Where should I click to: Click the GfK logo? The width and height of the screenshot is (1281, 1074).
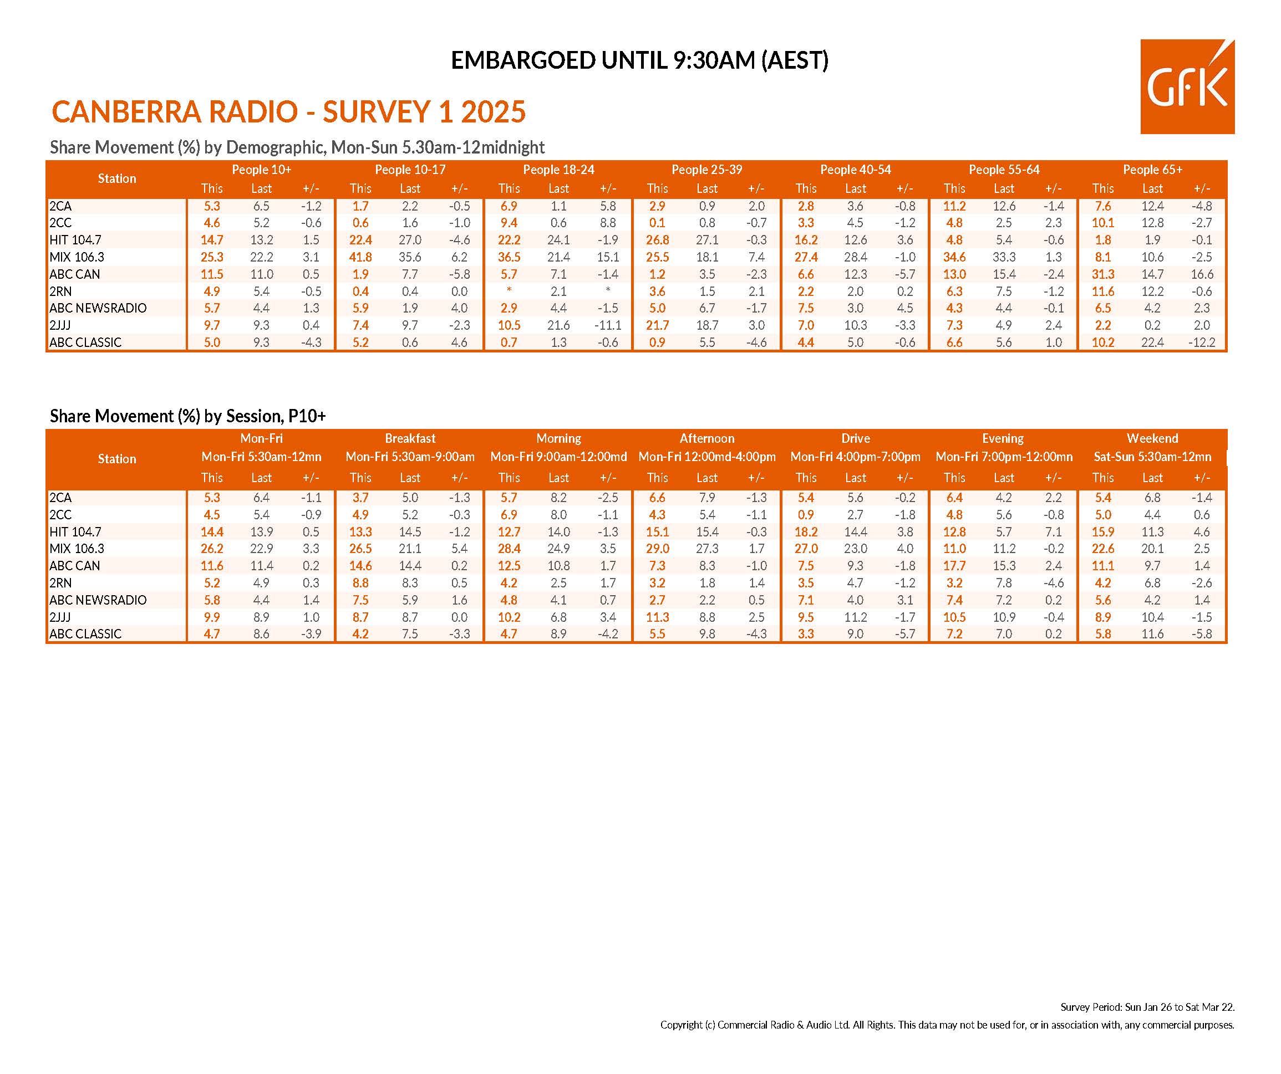pos(1187,86)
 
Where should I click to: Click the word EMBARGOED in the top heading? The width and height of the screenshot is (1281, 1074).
pos(523,60)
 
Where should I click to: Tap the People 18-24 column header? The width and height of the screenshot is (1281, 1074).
pos(558,170)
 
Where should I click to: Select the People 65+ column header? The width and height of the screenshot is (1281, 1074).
pos(1152,170)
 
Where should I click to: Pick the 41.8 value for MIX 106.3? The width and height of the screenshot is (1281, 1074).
pos(360,257)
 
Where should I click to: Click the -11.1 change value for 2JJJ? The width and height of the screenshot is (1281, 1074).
pos(608,325)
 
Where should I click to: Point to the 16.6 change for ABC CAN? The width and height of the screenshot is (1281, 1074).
pos(1202,274)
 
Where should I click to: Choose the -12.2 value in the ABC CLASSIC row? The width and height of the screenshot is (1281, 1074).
pos(1201,342)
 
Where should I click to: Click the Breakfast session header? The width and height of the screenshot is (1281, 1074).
pos(410,438)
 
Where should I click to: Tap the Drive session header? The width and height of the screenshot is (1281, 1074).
pos(855,438)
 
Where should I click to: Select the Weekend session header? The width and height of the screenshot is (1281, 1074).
pos(1152,438)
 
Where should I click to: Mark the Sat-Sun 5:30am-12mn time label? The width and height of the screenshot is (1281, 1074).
pos(1152,457)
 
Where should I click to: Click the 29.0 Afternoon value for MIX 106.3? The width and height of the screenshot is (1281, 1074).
pos(657,549)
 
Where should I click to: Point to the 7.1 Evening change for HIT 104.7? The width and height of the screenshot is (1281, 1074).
pos(1053,531)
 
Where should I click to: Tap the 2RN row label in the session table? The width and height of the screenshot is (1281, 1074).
pos(60,582)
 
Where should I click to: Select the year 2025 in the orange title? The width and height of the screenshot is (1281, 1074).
pos(493,111)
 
